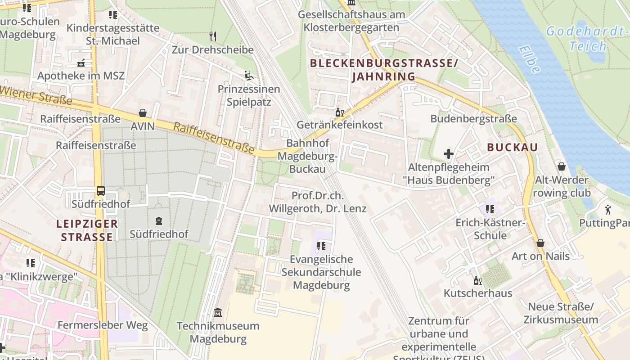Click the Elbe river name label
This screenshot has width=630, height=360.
pyautogui.click(x=529, y=59)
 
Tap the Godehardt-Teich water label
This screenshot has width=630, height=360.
pyautogui.click(x=587, y=39)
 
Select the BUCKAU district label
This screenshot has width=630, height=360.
pyautogui.click(x=513, y=147)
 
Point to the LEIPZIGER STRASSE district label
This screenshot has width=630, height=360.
pyautogui.click(x=87, y=230)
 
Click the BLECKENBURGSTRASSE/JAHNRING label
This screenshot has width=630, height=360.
pyautogui.click(x=384, y=70)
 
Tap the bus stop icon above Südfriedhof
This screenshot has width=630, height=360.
pyautogui.click(x=100, y=191)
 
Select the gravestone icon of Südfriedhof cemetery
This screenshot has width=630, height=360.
pyautogui.click(x=159, y=221)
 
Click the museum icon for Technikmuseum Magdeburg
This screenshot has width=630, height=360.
pyautogui.click(x=218, y=312)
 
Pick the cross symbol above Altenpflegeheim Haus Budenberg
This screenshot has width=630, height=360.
pyautogui.click(x=448, y=154)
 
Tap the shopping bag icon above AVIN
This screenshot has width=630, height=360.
pyautogui.click(x=143, y=112)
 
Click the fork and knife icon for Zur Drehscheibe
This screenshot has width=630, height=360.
pyautogui.click(x=213, y=36)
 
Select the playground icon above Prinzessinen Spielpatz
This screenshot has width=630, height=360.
pyautogui.click(x=248, y=75)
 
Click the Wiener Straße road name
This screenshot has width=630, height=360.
pyautogui.click(x=36, y=94)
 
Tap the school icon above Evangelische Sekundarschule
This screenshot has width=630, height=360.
pyautogui.click(x=321, y=246)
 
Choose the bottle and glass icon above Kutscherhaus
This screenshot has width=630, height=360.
pyautogui.click(x=477, y=280)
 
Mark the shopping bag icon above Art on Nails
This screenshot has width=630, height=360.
pyautogui.click(x=540, y=243)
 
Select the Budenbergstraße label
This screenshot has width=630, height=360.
pyautogui.click(x=474, y=119)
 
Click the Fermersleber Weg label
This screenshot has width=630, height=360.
pyautogui.click(x=103, y=325)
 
